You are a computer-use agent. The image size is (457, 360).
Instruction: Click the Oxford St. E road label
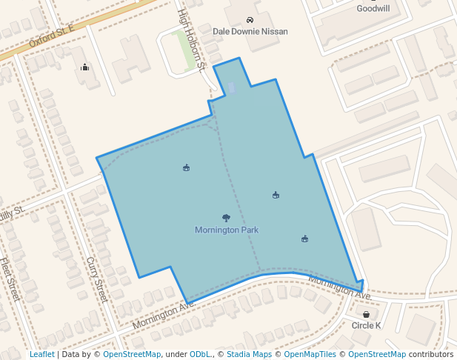coord(52,35)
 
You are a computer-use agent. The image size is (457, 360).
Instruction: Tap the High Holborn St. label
coord(191,40)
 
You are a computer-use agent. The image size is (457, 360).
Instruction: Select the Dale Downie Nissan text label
coord(250,32)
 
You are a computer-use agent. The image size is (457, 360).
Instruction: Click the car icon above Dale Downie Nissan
coord(250,21)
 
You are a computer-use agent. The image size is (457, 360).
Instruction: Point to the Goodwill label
coord(373,9)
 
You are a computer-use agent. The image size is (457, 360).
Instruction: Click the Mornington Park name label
coord(227,230)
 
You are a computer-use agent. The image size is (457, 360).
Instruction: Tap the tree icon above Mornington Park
coord(226,218)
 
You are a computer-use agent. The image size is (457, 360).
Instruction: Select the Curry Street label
coord(97,280)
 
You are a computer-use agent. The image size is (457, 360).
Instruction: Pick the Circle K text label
coord(366,325)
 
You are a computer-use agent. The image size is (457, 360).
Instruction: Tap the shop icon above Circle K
coord(366,314)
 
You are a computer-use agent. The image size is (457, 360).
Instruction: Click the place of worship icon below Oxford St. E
coord(84,67)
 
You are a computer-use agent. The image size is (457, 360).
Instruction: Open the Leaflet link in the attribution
coord(41,355)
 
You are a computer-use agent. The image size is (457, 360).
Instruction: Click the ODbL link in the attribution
coord(200,355)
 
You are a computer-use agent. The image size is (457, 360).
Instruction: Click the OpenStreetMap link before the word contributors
coord(377,355)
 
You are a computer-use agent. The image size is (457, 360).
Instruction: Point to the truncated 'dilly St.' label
coord(12,213)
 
